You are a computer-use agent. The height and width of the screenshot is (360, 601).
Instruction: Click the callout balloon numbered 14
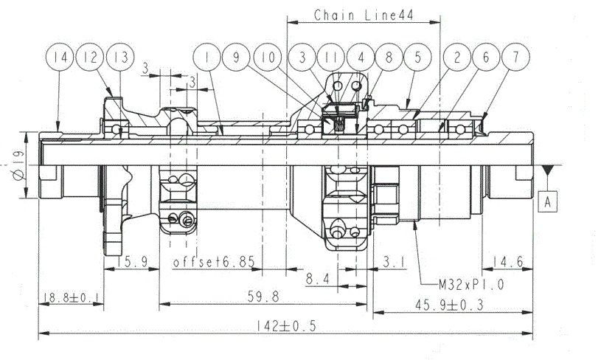click(x=60, y=57)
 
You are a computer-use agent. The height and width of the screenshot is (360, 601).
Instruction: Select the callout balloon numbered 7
click(x=516, y=57)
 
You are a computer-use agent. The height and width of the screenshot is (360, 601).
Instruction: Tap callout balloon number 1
click(x=207, y=57)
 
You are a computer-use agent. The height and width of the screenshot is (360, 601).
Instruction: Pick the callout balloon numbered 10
click(x=268, y=57)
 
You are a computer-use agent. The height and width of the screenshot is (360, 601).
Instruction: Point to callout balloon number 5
click(x=418, y=57)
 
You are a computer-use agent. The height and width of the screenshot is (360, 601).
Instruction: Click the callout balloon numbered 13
click(x=120, y=57)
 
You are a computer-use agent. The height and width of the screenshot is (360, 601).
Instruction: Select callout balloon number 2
click(x=457, y=57)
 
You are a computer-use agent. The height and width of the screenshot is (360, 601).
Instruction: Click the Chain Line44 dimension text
click(x=364, y=15)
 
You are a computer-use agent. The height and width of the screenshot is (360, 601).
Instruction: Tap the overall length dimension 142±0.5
click(x=286, y=326)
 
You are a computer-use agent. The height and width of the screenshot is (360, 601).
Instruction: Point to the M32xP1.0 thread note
click(x=471, y=285)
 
